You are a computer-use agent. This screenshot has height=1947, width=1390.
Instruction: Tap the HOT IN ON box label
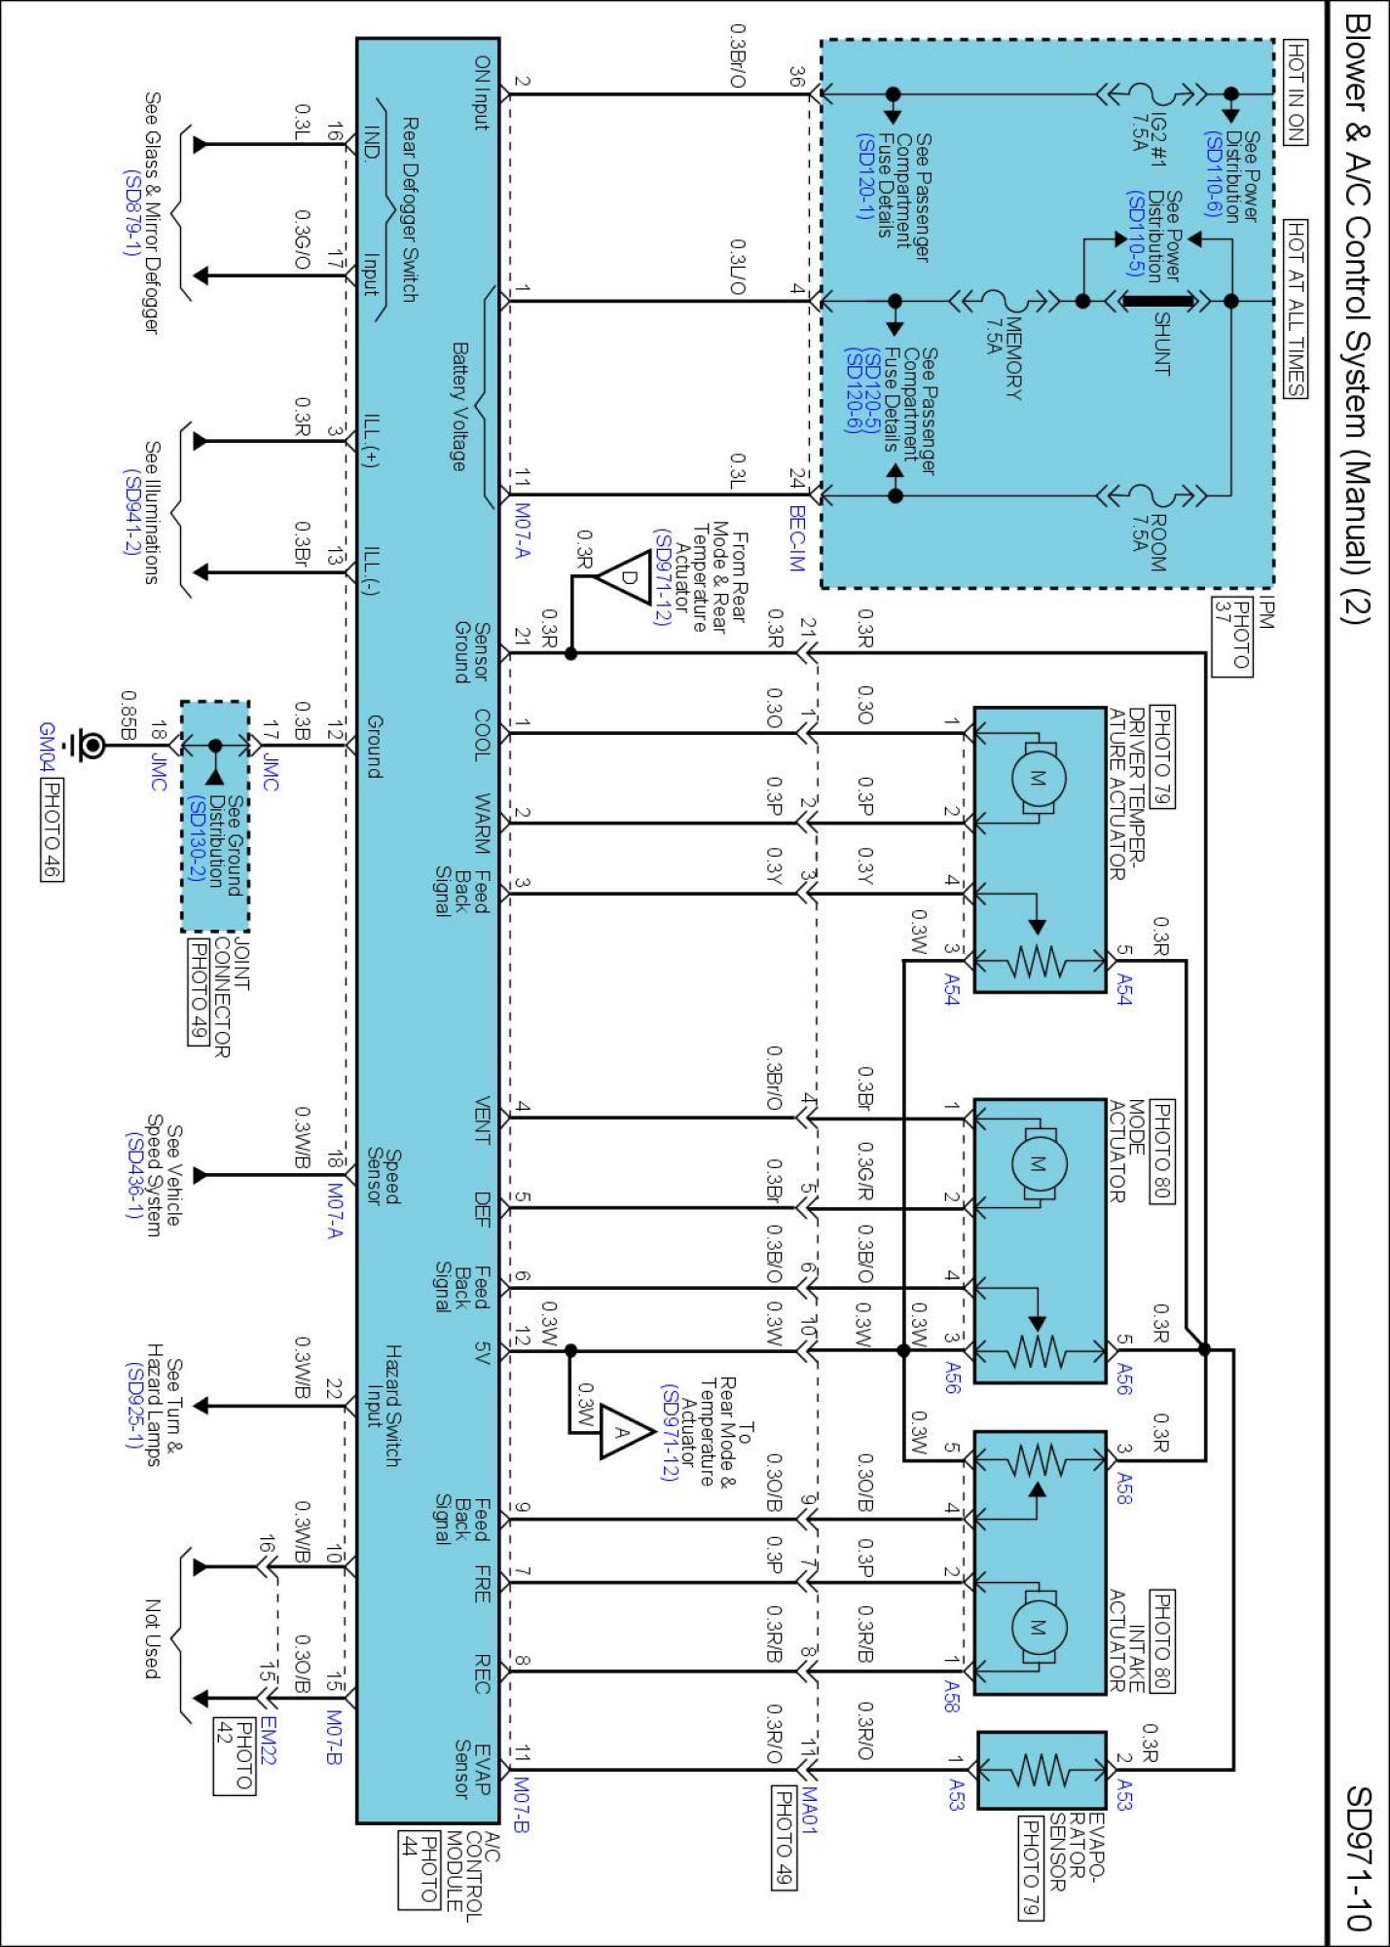pyautogui.click(x=1296, y=92)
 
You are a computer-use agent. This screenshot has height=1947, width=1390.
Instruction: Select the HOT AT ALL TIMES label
pyautogui.click(x=1296, y=309)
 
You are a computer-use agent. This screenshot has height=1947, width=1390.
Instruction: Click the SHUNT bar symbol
pyautogui.click(x=1158, y=301)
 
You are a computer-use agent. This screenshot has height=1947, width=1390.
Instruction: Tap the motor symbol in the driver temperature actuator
pyautogui.click(x=1038, y=778)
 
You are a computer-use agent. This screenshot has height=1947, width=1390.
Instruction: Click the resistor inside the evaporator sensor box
pyautogui.click(x=1042, y=1771)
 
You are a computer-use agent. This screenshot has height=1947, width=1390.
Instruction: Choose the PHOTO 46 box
pyautogui.click(x=52, y=830)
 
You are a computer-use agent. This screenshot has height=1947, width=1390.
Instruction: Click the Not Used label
pyautogui.click(x=152, y=1638)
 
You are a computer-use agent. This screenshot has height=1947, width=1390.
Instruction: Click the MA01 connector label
pyautogui.click(x=809, y=1811)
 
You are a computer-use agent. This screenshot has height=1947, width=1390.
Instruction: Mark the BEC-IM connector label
pyautogui.click(x=797, y=538)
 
